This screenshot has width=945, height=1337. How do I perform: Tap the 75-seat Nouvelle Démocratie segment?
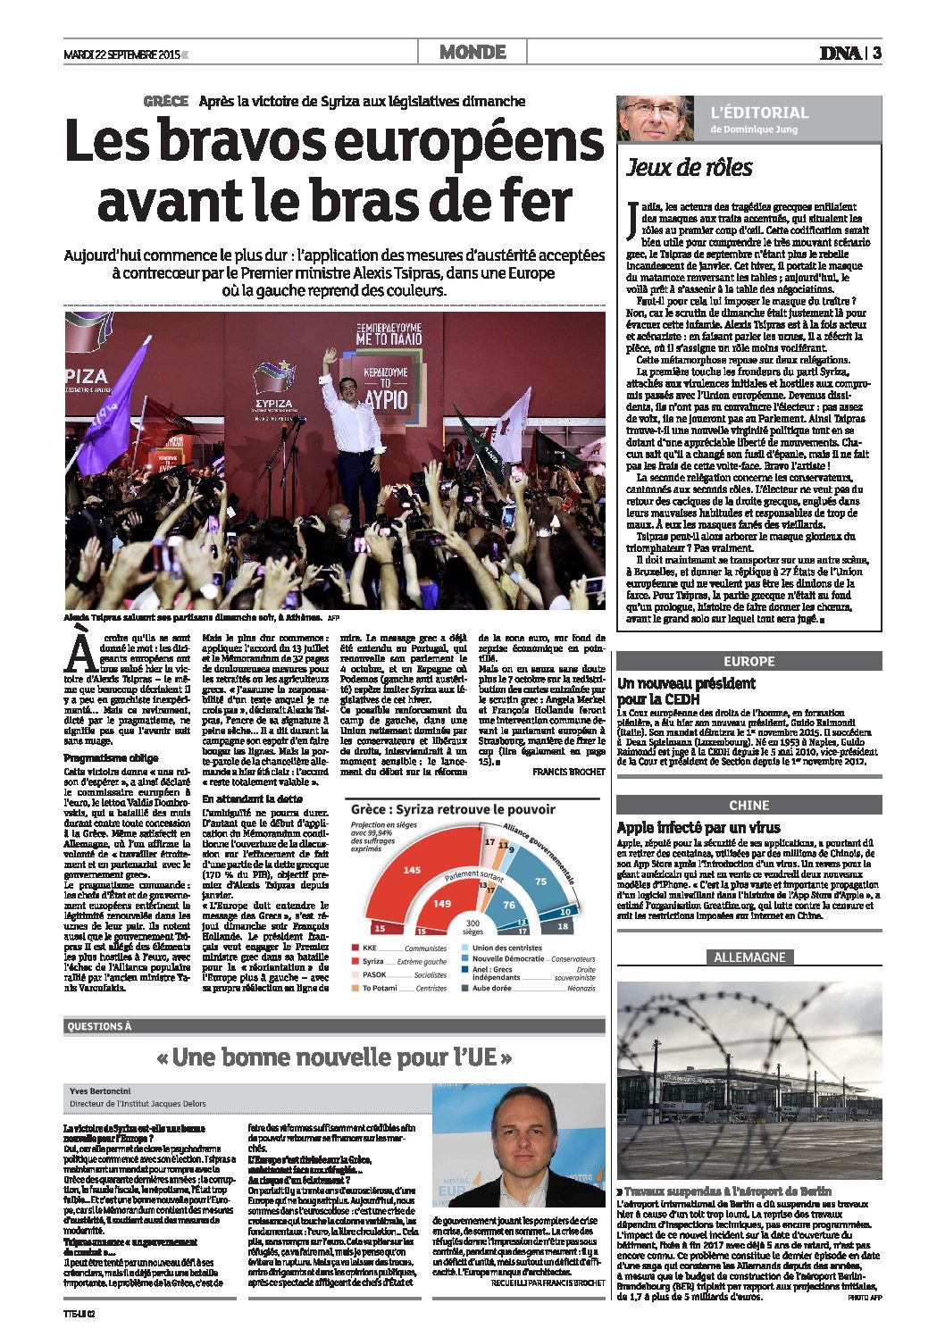click(539, 882)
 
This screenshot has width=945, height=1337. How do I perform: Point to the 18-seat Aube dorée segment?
click(562, 926)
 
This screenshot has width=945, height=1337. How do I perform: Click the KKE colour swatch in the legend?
click(355, 948)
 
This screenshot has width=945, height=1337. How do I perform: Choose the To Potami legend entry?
click(379, 988)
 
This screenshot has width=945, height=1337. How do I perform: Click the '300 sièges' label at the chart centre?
click(472, 926)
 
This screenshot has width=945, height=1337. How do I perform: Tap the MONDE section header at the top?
click(472, 53)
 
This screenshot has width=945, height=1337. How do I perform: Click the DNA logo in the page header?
click(840, 53)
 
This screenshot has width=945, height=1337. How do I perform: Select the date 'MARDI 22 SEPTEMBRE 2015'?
click(121, 54)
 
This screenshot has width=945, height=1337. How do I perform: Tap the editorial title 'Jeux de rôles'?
click(689, 168)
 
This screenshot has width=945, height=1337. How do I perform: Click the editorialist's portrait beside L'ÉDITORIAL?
click(655, 118)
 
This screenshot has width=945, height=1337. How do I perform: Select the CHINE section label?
click(748, 806)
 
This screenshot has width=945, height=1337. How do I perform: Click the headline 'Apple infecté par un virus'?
click(698, 828)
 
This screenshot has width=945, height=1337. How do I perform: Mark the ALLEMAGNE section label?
click(748, 957)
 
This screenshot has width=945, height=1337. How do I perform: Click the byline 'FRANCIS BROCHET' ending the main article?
click(568, 771)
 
